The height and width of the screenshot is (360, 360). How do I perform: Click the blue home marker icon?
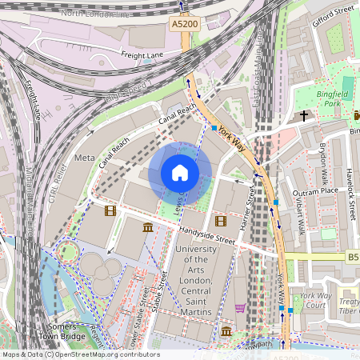click(x=180, y=173)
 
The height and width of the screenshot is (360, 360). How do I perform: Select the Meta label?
click(x=84, y=158)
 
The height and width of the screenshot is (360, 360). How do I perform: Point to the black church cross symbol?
click(x=304, y=116)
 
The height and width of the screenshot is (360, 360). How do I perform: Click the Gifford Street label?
click(x=333, y=13)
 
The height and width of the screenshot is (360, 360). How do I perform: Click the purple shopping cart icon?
click(x=240, y=307)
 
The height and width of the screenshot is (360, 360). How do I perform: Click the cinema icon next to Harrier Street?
click(x=221, y=221)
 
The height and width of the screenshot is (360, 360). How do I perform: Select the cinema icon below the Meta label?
click(x=110, y=210)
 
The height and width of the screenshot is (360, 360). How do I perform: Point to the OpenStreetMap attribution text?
click(x=80, y=354)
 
